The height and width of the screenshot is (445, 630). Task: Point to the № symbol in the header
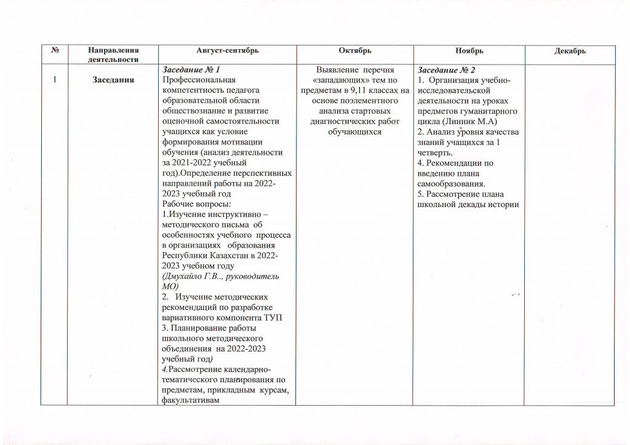pyautogui.click(x=55, y=50)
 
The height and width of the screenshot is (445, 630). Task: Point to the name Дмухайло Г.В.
pyautogui.click(x=188, y=277)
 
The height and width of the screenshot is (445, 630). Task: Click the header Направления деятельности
pyautogui.click(x=113, y=55)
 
